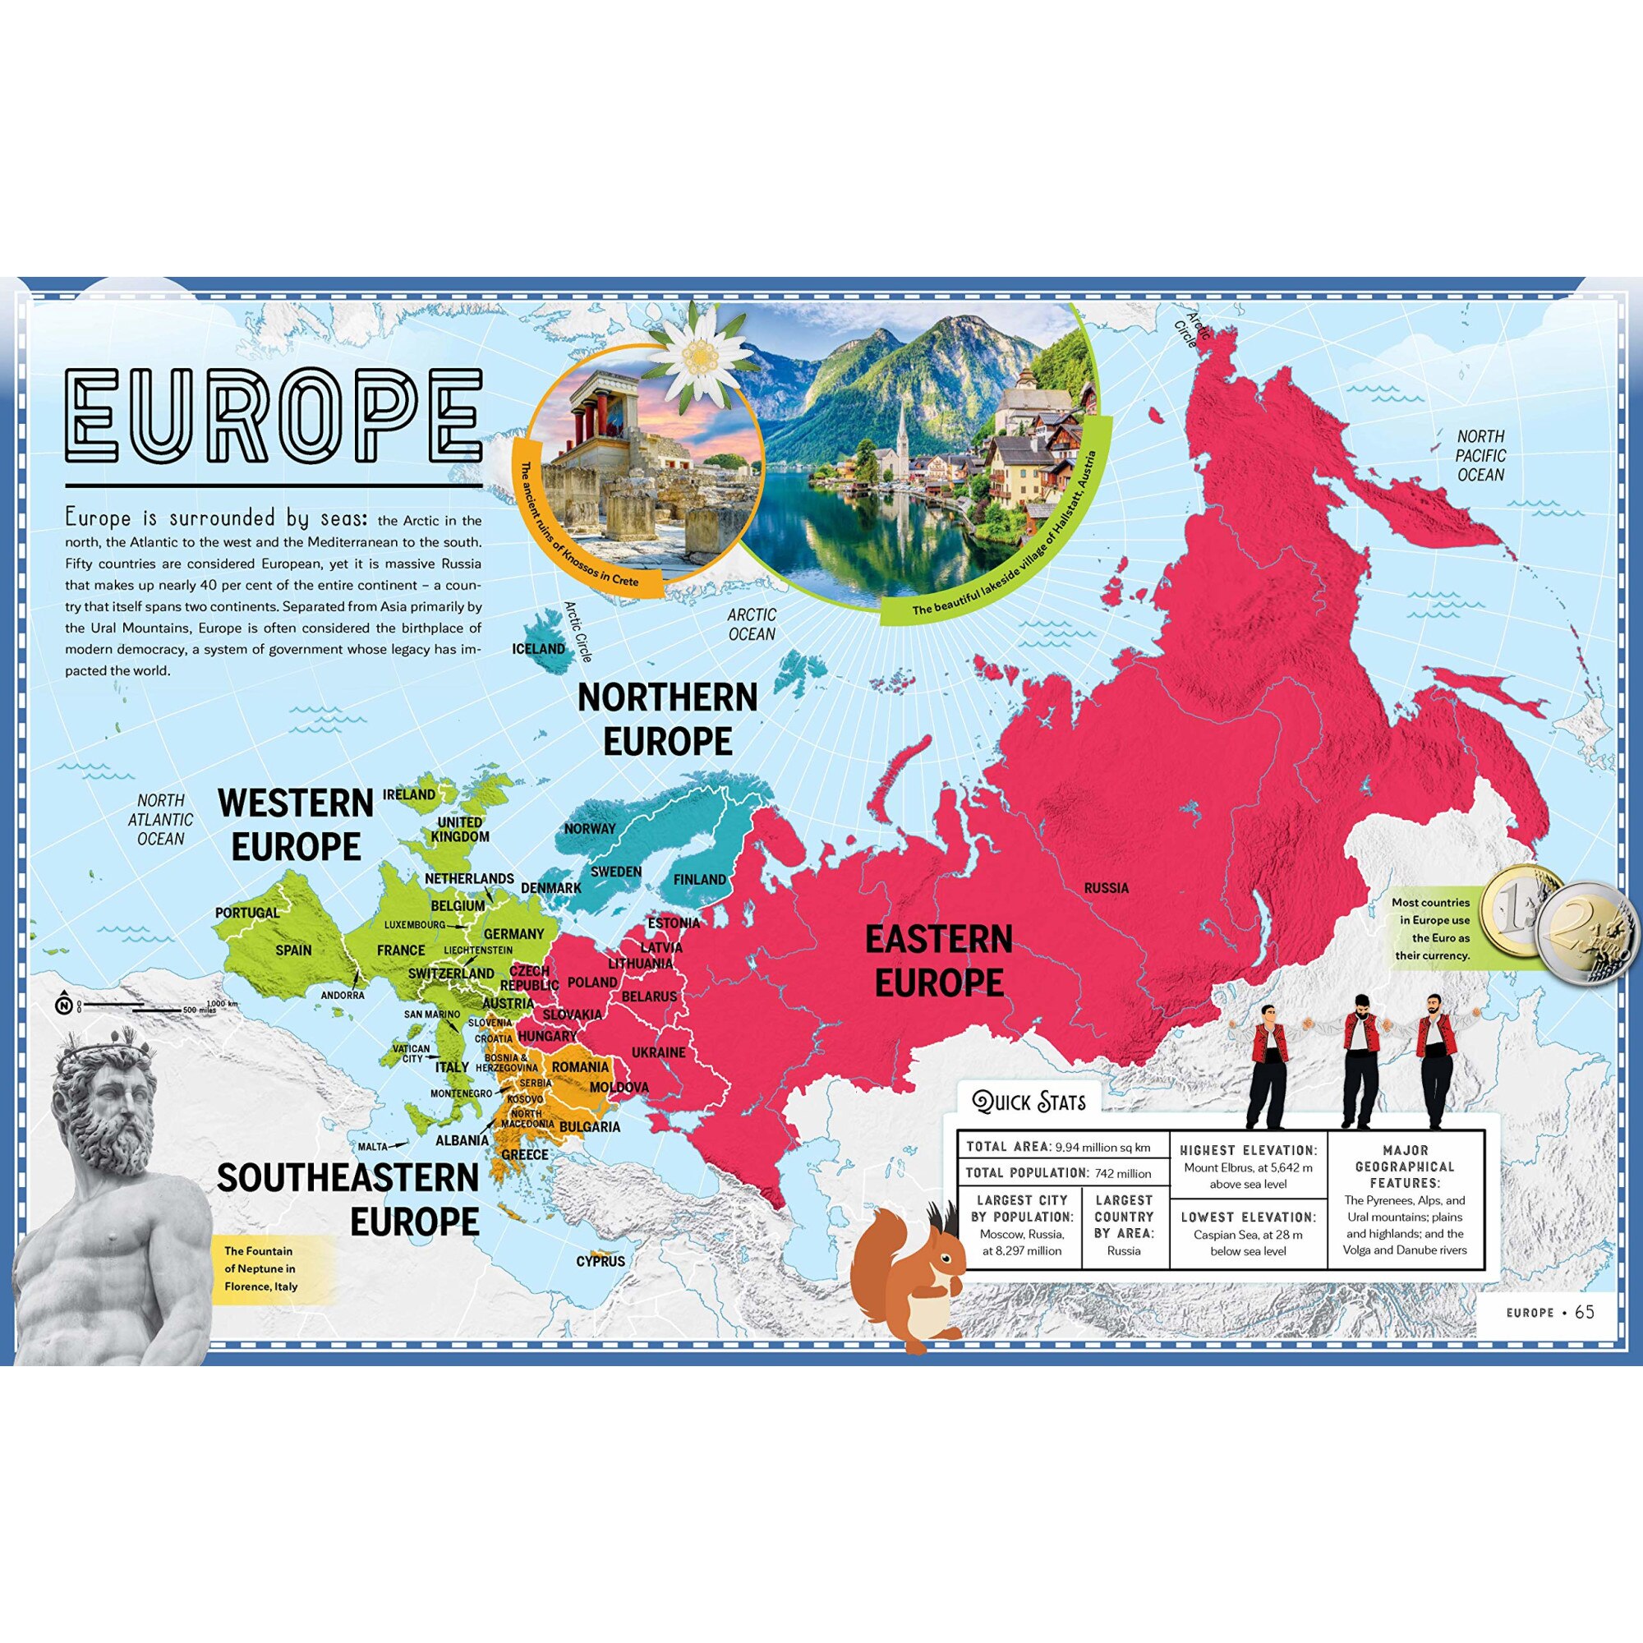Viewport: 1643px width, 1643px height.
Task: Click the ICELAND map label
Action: coord(538,649)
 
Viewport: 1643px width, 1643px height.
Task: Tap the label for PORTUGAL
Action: coord(246,913)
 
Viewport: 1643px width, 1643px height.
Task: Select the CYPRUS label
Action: coord(601,1261)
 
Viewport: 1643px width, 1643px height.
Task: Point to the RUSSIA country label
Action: coord(1107,888)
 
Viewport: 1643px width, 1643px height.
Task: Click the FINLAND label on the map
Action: coord(700,879)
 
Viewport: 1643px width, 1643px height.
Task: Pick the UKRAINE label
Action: coord(658,1052)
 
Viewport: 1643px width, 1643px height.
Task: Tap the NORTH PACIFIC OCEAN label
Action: coord(1480,455)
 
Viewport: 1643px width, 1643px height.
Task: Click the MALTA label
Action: coord(372,1146)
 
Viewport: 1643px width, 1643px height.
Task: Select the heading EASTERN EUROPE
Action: coord(939,961)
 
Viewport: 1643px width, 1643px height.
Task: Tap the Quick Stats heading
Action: coord(1030,1103)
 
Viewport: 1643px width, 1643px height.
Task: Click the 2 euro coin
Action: coord(1587,933)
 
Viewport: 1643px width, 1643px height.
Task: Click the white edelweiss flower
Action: coord(700,356)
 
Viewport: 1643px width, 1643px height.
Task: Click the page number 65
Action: coord(1585,1312)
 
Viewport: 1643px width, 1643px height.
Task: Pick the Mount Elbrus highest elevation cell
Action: coord(1248,1166)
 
